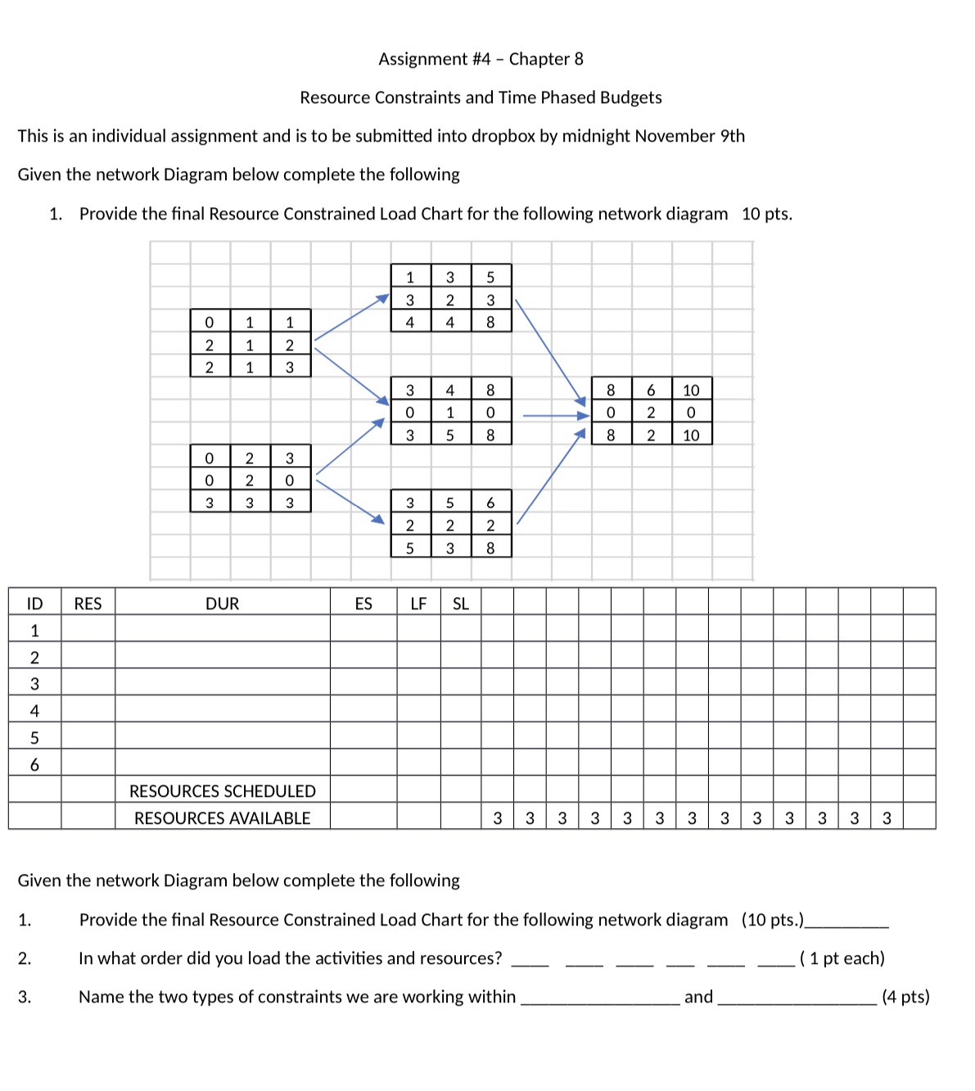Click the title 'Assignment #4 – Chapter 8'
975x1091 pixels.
click(x=481, y=59)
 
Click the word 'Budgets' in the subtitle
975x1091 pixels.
click(x=630, y=97)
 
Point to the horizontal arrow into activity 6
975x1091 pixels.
click(x=555, y=416)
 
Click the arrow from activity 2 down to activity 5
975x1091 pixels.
click(x=350, y=500)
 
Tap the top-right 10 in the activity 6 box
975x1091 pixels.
click(x=691, y=391)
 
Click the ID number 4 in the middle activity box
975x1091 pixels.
click(x=449, y=391)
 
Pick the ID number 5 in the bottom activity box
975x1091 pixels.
click(x=449, y=503)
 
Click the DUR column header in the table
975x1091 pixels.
click(x=222, y=604)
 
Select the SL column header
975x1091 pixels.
click(x=461, y=604)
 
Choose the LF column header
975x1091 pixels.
click(x=418, y=604)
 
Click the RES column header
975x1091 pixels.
click(x=88, y=604)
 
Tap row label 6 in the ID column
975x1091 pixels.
click(x=34, y=765)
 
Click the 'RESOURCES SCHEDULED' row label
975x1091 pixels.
click(x=222, y=791)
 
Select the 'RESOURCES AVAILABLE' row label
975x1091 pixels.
click(x=222, y=818)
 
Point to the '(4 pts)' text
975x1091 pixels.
click(x=905, y=997)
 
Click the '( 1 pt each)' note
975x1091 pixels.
click(x=842, y=958)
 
